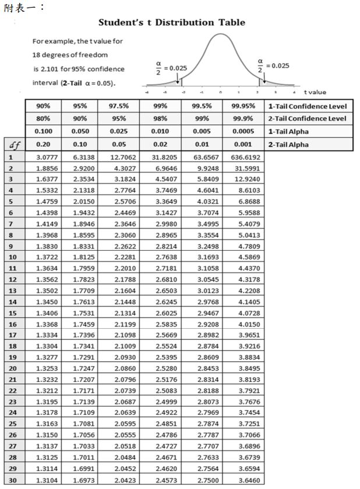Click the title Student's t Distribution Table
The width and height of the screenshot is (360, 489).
point(172,23)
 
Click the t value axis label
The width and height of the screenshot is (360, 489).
point(315,92)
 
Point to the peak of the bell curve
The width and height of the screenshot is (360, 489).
point(220,34)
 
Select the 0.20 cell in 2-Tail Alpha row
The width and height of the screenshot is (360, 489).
point(42,145)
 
